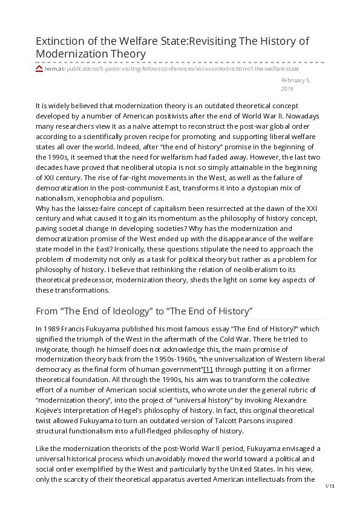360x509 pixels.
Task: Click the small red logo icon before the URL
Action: click(39, 70)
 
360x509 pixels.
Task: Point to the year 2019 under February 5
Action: click(287, 89)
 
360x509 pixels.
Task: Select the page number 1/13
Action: click(330, 485)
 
